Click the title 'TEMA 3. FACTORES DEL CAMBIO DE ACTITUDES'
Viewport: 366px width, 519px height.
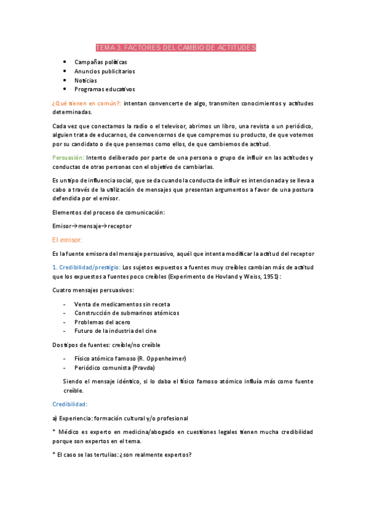point(176,48)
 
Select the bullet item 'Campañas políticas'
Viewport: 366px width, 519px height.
point(101,62)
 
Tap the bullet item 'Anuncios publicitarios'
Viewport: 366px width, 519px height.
point(104,72)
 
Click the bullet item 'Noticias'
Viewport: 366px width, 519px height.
point(86,80)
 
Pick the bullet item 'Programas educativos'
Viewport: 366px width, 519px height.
point(104,89)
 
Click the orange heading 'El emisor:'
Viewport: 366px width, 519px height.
point(67,240)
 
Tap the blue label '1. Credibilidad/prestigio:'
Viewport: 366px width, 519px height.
point(86,267)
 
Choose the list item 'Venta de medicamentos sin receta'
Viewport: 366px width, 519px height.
point(122,304)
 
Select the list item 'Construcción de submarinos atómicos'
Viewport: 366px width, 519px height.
point(126,313)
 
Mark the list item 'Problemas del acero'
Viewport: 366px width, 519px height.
point(101,322)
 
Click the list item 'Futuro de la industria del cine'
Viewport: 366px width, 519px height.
point(116,331)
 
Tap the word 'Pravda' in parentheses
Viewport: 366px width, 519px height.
point(142,368)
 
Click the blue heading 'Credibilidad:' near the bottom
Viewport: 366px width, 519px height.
point(70,404)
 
